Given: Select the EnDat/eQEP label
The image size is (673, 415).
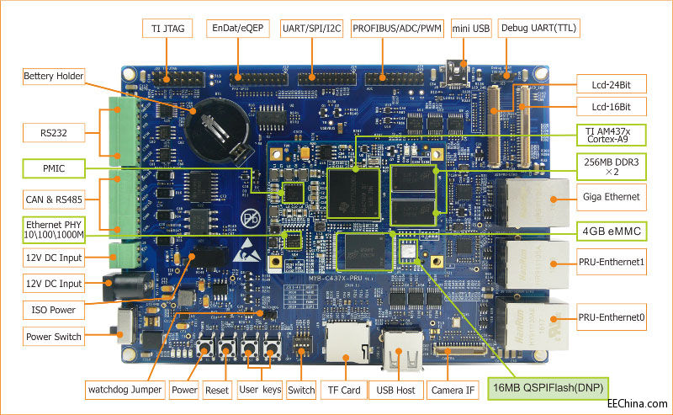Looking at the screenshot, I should pos(239,28).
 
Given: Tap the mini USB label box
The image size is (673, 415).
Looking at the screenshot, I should pos(470,28).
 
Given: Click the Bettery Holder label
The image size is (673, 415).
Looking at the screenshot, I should pos(54,77).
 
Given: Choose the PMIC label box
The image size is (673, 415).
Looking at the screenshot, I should pos(54,169).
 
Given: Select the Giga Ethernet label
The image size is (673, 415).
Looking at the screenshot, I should pos(612,197).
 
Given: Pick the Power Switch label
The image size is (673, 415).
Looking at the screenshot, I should pos(54,337).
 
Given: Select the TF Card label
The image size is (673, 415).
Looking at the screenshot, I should pos(344,390).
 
